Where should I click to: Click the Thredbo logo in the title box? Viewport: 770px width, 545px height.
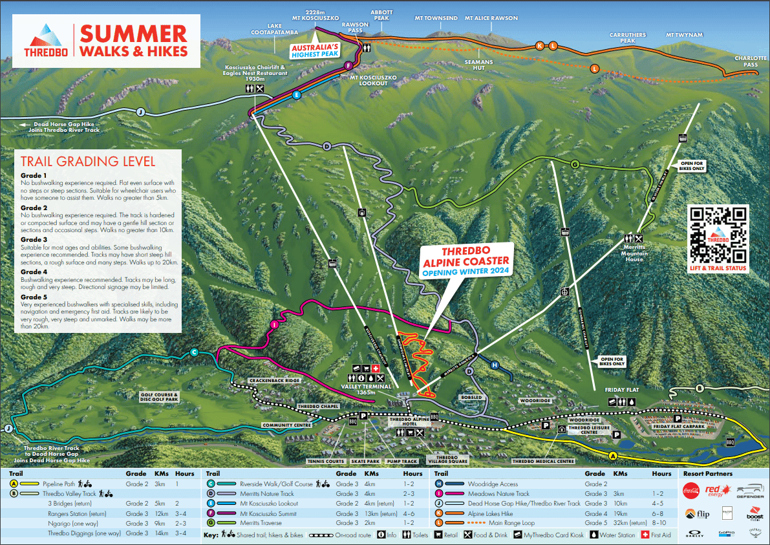coord(43,41)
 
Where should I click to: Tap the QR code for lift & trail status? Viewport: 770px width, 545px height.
coord(718,234)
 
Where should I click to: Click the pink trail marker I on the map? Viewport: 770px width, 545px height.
coord(274,325)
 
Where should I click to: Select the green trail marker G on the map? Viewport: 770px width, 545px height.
coord(574,164)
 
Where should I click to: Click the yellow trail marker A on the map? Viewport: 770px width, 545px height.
coord(613,455)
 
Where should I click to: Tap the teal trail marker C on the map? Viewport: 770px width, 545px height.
coord(194,352)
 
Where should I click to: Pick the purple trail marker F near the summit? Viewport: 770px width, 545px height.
coord(348,65)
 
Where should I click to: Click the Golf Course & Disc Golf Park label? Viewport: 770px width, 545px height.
coord(158,397)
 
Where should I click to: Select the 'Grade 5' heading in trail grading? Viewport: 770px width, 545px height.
coord(34,297)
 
